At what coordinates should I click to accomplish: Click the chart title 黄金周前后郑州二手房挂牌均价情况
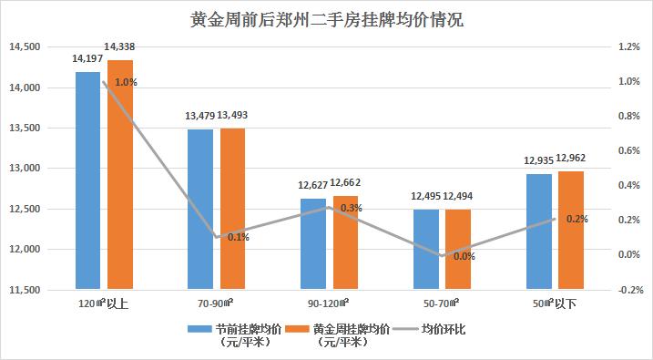coord(326,19)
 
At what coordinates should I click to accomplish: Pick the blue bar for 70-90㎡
coord(200,210)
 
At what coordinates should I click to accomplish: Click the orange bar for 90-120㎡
coord(346,242)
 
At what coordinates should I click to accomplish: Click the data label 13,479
coord(199,116)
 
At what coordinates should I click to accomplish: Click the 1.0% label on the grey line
coord(127,83)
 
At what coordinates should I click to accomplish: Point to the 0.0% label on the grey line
coord(464,256)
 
